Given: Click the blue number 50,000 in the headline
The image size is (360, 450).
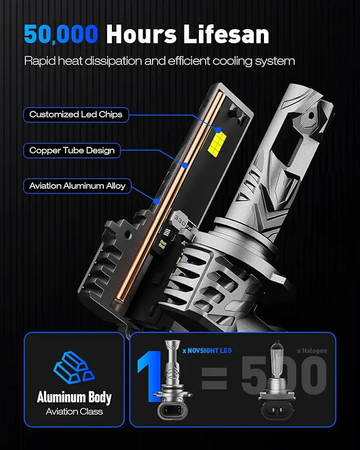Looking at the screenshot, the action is (x=61, y=34).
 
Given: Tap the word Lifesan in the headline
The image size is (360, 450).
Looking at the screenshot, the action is (x=226, y=34).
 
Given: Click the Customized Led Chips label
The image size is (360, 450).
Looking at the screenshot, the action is (x=76, y=114).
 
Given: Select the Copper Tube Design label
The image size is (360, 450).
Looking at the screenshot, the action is (x=72, y=151).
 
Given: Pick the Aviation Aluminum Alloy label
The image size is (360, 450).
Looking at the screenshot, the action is (x=77, y=186).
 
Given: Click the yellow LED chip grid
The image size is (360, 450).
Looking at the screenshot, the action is (x=217, y=143).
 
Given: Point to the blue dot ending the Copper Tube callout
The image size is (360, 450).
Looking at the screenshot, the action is (x=185, y=165).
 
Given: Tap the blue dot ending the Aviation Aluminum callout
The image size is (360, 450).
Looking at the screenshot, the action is (x=156, y=201).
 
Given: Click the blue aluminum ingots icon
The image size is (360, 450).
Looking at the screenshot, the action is (x=74, y=368).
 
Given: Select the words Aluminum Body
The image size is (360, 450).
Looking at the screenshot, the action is (x=74, y=398).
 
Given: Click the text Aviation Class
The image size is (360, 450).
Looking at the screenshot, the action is (x=74, y=411).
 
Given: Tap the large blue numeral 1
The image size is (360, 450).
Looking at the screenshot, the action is (x=150, y=375).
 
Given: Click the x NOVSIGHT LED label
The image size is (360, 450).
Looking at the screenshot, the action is (x=207, y=351).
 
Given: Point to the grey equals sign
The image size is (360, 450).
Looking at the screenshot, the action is (x=214, y=378).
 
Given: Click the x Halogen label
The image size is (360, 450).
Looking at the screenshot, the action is (x=312, y=351).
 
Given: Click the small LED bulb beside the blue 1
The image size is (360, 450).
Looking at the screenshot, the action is (x=172, y=381).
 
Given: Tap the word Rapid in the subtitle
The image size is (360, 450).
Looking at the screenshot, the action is (x=40, y=61).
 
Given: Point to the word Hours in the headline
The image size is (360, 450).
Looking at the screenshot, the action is (x=141, y=34).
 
